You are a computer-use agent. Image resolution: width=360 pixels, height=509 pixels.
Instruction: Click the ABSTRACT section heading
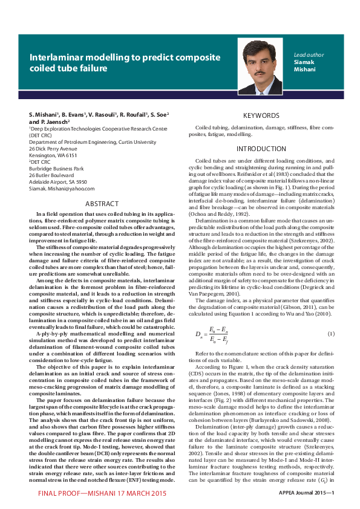coord(102,204)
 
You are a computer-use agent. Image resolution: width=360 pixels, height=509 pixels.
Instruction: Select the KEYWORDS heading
coord(261,115)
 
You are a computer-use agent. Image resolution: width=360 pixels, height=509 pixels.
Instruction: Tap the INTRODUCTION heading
coord(261,149)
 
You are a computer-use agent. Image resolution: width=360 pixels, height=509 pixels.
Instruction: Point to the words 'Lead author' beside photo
coord(309,54)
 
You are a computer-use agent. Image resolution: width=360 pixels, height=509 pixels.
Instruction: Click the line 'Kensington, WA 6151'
coord(53,155)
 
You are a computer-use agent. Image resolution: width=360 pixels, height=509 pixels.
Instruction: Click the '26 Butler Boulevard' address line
coord(51,175)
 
